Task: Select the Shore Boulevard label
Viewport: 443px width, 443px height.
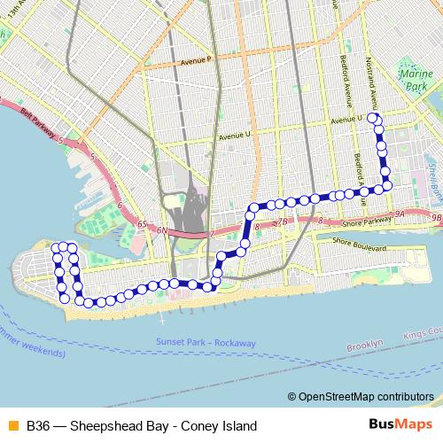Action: pos(360,240)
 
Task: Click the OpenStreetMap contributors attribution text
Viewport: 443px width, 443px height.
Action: pos(361,398)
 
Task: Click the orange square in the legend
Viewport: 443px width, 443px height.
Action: pos(12,425)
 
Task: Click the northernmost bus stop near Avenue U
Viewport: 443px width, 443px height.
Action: pos(373,118)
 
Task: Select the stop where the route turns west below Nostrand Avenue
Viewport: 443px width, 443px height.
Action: pos(386,184)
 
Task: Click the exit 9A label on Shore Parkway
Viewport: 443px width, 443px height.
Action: pos(400,215)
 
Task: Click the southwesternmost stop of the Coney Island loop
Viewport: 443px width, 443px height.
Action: pos(65,299)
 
